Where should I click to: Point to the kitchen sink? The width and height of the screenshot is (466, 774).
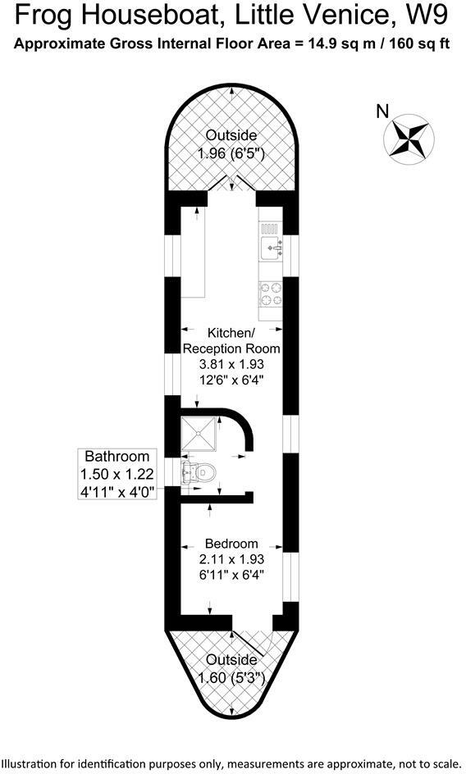click(x=272, y=244)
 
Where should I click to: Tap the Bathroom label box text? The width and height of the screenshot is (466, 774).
click(x=117, y=457)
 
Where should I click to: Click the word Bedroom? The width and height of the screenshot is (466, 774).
click(x=231, y=544)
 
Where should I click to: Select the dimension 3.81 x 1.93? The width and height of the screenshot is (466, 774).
click(x=231, y=364)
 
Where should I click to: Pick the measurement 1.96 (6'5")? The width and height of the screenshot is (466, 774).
click(x=231, y=153)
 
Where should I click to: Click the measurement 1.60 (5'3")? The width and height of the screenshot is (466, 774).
click(x=231, y=677)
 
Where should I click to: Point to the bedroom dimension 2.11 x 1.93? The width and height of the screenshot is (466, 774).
click(x=231, y=559)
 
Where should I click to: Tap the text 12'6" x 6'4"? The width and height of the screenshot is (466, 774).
click(x=231, y=380)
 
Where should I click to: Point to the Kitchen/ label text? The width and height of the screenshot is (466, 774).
click(x=231, y=333)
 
